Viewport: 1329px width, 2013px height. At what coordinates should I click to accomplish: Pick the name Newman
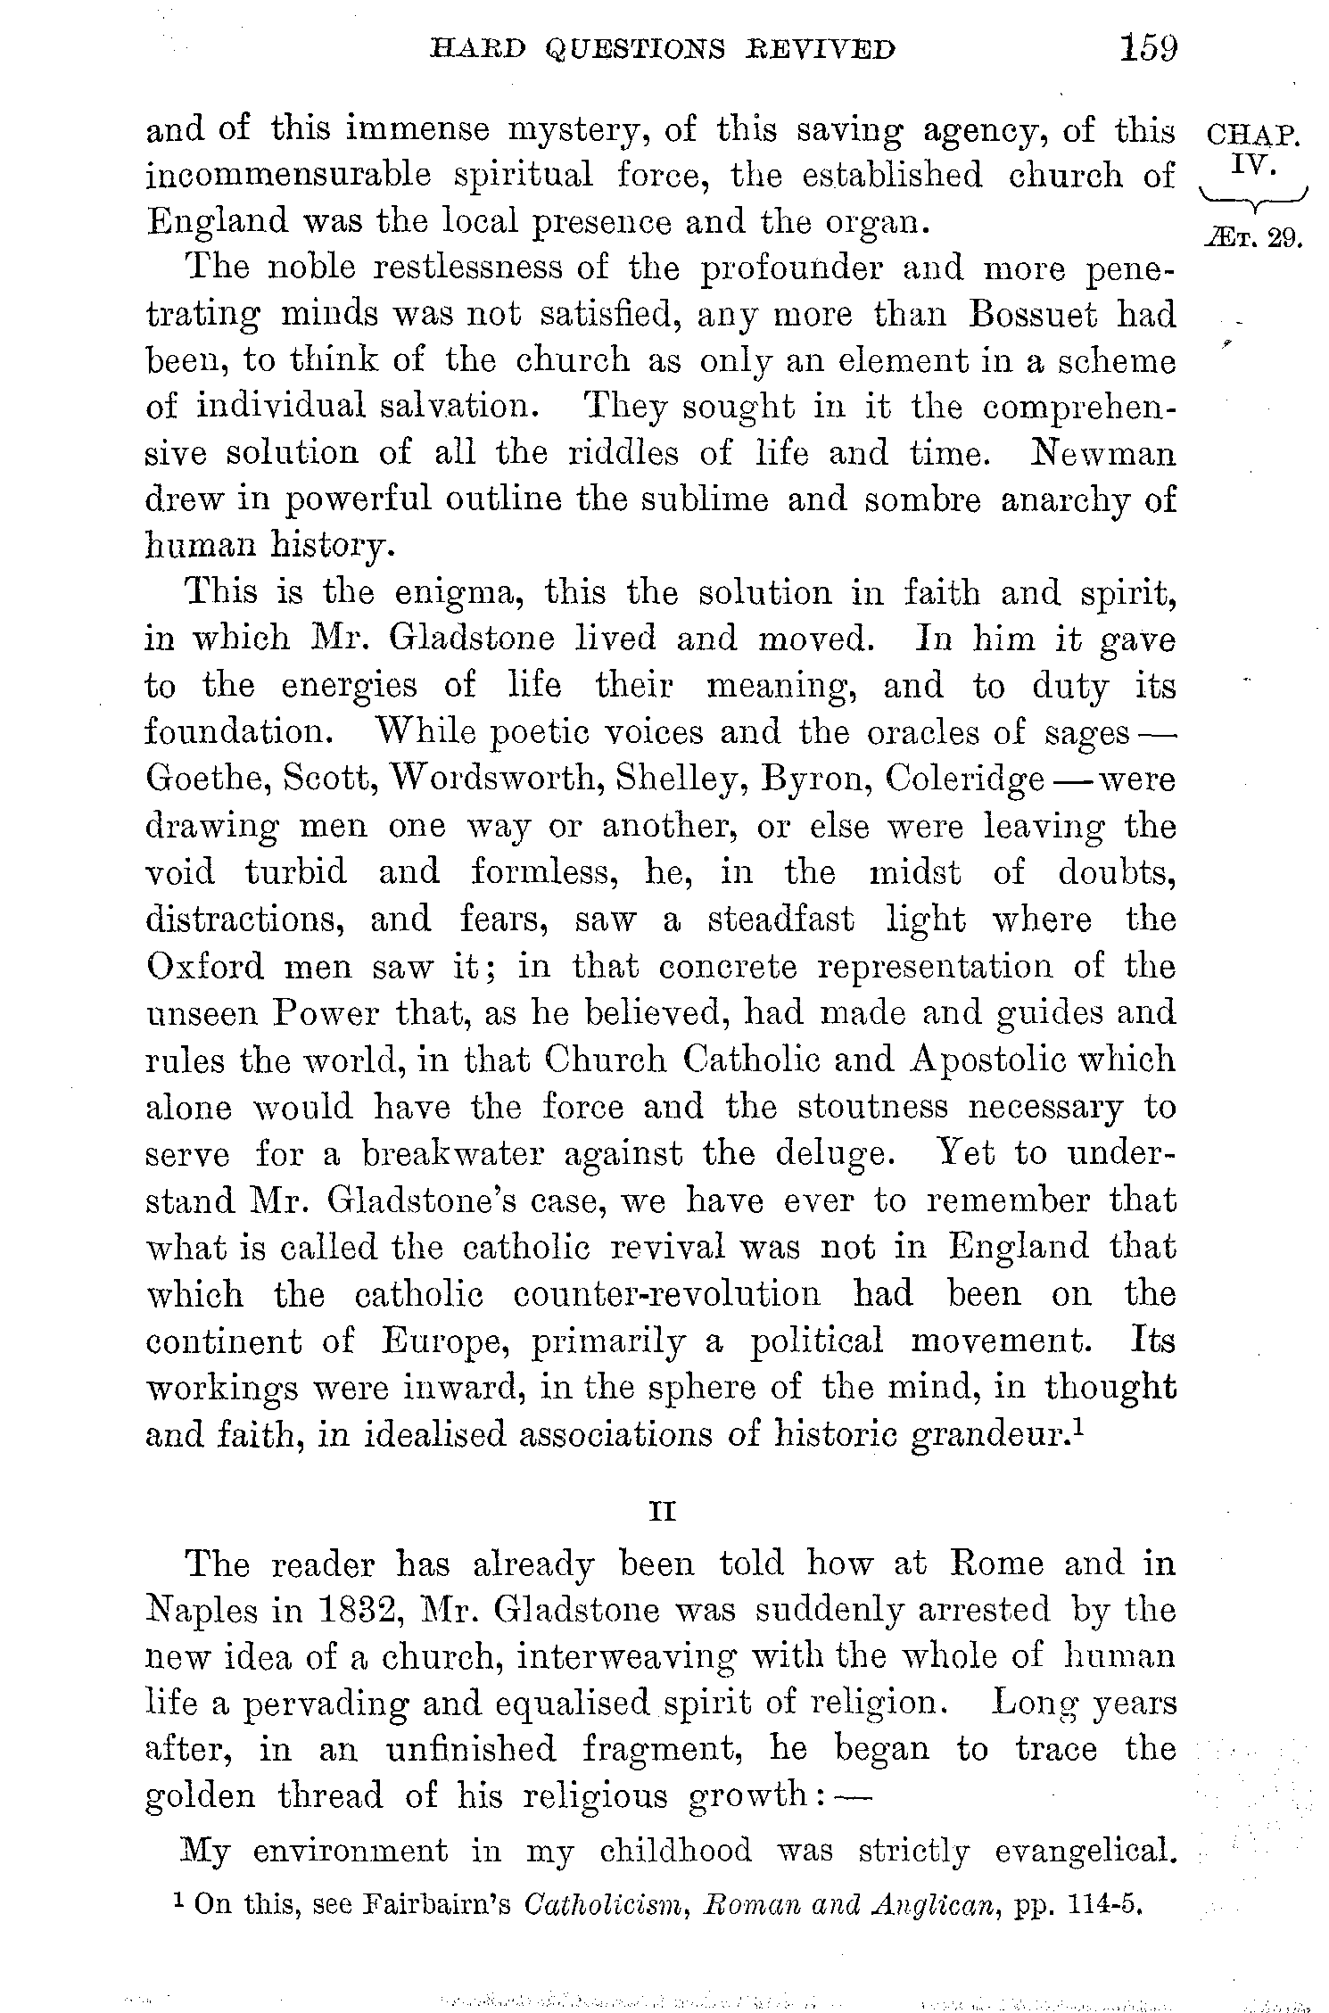pos(1102,454)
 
